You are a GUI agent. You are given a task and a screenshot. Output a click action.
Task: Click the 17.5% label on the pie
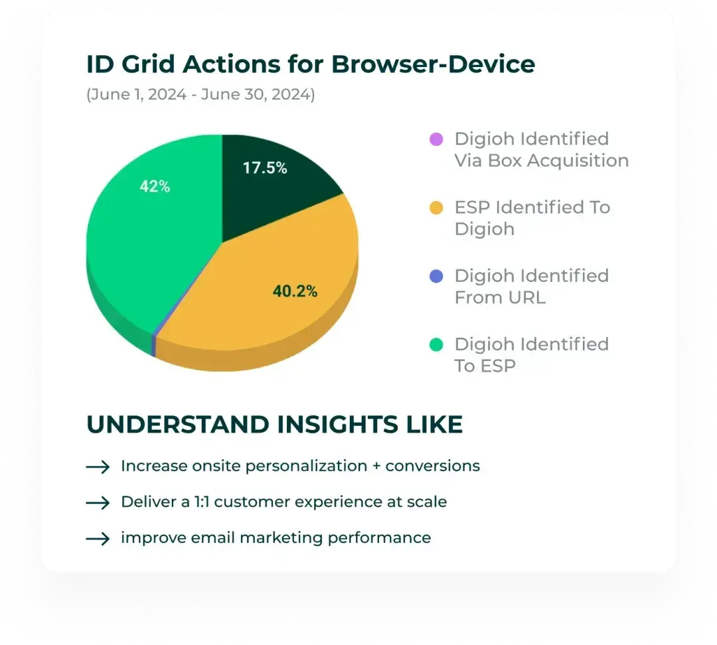pos(264,168)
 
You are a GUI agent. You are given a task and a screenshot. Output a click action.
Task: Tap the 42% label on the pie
pos(154,187)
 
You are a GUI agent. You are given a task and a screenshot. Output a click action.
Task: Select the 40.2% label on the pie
pos(295,291)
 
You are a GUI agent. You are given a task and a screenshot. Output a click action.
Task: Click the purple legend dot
pos(436,139)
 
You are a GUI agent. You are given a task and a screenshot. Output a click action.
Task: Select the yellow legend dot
pos(436,208)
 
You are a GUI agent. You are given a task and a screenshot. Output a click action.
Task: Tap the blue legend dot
pos(436,276)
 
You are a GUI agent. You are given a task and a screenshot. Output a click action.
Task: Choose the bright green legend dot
pos(436,344)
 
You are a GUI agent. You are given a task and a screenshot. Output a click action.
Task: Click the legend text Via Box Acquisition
pos(541,161)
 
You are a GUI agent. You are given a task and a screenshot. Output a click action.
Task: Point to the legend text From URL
pos(499,297)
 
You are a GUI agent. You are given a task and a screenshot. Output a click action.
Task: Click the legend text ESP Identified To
pos(532,207)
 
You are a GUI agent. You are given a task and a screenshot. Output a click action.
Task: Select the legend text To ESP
pos(485,366)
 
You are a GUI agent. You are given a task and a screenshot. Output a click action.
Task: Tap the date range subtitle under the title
pos(200,94)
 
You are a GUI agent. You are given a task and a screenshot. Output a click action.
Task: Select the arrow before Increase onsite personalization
pos(98,467)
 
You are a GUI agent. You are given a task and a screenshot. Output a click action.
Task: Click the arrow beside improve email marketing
pos(98,538)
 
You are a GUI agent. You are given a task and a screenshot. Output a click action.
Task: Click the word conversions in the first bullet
pos(432,466)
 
